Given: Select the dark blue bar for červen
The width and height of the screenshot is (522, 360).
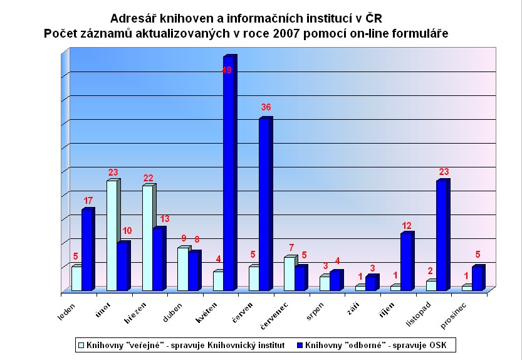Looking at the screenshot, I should point(265,204).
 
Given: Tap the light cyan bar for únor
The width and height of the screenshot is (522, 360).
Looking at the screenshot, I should point(112,235).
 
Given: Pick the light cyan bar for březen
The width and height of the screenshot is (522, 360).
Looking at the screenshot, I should point(147,238).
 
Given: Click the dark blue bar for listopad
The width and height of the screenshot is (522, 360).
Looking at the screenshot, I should point(442,236).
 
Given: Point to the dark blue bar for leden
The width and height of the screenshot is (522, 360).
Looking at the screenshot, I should point(87,250).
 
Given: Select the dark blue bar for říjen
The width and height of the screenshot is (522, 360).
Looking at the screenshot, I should point(407,262).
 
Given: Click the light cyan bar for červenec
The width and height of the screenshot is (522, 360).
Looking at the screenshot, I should point(289,273).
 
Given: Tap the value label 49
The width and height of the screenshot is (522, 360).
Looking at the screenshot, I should point(227,70).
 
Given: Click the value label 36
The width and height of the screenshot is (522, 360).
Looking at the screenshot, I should point(266,107).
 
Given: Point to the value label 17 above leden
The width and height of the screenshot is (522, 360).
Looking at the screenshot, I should point(88,200).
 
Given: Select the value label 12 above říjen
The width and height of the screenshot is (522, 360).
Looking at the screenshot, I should point(407,225).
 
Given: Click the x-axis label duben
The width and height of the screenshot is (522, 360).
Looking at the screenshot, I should point(173,312).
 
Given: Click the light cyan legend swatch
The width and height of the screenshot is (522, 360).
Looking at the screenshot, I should point(80,344).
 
